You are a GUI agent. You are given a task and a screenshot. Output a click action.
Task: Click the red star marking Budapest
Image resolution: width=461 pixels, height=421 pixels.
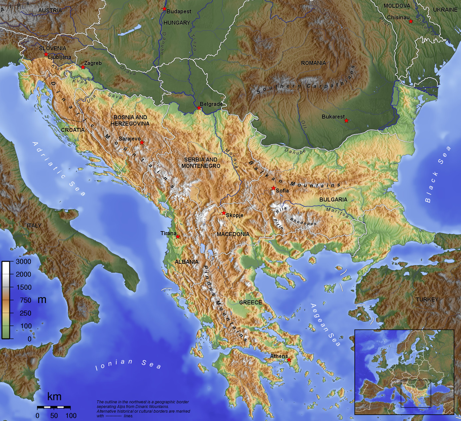(164, 9)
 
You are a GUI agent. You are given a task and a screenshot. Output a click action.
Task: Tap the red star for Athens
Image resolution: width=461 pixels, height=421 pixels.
(289, 360)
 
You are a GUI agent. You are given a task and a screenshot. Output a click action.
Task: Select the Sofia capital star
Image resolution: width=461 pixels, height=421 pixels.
(273, 188)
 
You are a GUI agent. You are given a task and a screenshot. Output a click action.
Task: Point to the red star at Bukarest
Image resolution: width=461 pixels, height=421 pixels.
(346, 121)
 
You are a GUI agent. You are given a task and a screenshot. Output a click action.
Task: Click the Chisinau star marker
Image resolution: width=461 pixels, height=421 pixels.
(411, 21)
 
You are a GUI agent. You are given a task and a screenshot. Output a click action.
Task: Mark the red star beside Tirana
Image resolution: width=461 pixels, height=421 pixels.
(178, 236)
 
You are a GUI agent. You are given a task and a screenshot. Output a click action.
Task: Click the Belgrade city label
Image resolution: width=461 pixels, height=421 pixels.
(211, 104)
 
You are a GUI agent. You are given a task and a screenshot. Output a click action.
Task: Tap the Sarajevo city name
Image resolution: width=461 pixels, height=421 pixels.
(130, 139)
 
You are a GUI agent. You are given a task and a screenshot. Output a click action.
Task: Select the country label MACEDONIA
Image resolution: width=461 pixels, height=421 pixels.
(233, 234)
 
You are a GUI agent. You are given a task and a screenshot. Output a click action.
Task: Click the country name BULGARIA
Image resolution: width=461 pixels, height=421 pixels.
(333, 200)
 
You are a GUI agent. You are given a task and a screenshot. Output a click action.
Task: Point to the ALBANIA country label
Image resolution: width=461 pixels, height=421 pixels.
(187, 262)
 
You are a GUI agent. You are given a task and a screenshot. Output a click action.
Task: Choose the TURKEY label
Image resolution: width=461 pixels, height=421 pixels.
(427, 299)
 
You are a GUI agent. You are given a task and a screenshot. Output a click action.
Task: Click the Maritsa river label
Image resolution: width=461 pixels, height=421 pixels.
(337, 212)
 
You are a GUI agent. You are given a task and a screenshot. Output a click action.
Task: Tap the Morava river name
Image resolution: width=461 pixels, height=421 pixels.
(232, 158)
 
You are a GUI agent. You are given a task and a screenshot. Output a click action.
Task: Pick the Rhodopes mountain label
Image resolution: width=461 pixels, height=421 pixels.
(303, 221)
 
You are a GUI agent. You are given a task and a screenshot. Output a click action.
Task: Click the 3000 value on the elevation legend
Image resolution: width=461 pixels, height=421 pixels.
(23, 261)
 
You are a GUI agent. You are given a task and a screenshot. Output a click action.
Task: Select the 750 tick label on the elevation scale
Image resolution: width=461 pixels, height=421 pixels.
(25, 300)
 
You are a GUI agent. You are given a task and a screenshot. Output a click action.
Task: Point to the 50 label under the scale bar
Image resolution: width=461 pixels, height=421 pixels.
(54, 416)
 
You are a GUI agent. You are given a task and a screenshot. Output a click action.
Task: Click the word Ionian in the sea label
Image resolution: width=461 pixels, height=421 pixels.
(114, 364)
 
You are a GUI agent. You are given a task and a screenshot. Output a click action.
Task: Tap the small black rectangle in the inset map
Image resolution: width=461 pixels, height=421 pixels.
(416, 393)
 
